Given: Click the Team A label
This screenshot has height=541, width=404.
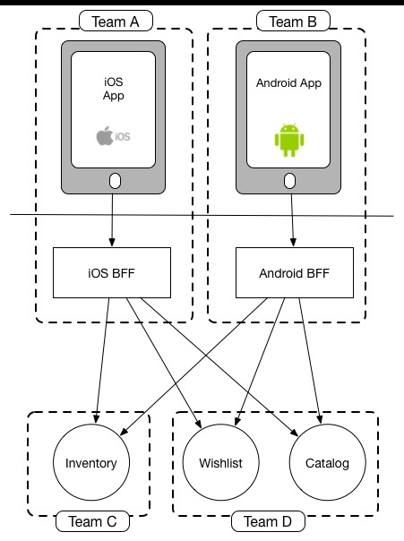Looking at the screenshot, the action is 116,21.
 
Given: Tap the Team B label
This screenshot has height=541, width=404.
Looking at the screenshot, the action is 293,21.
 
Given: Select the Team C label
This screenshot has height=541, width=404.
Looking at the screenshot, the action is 92,521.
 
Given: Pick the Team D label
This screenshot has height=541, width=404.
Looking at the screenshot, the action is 268,521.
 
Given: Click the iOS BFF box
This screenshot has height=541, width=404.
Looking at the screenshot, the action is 112,272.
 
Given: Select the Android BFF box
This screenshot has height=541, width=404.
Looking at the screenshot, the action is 295,272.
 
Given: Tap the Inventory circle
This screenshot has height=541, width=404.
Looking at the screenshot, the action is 91,462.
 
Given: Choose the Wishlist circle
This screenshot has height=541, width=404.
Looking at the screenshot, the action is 220,462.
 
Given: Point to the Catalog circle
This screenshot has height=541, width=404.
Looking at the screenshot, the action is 327,462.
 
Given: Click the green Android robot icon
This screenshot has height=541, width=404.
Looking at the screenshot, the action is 289,140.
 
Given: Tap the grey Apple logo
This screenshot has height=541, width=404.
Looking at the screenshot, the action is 105,136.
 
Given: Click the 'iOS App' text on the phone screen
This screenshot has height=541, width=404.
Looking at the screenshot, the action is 113,89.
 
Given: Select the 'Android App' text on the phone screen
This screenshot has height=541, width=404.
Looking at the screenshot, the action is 288,83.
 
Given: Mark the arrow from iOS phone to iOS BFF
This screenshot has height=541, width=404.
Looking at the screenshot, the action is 112,220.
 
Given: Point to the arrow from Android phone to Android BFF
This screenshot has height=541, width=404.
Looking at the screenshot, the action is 292,220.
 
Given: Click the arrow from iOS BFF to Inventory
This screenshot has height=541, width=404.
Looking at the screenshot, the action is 102,361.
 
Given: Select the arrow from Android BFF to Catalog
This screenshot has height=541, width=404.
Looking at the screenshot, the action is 310,361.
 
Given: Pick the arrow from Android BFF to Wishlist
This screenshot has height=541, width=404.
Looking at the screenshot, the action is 260,362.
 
